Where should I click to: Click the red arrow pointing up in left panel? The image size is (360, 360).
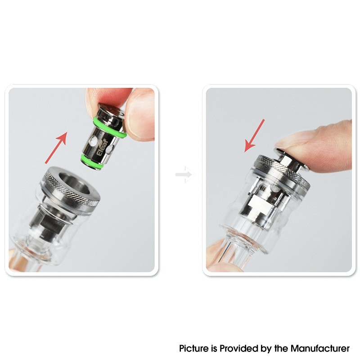click(x=56, y=148)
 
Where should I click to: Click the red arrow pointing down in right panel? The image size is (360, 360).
click(x=254, y=136)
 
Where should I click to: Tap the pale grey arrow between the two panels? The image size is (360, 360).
click(x=185, y=175)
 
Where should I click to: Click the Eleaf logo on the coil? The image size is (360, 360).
click(x=103, y=148)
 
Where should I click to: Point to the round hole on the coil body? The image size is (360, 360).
click(x=94, y=140)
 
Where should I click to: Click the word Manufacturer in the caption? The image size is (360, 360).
click(x=320, y=348)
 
